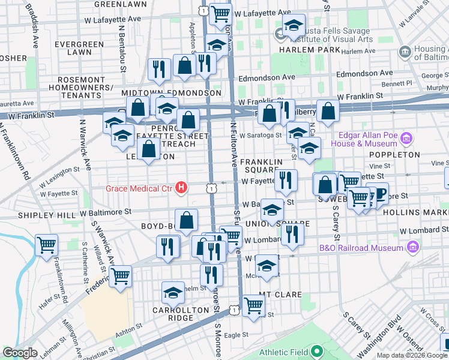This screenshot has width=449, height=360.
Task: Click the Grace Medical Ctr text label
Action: [x=139, y=188]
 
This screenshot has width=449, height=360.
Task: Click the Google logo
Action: [x=20, y=353]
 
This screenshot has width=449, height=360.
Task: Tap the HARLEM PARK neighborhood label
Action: [x=306, y=49]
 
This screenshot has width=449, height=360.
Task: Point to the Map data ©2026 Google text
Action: [x=412, y=355]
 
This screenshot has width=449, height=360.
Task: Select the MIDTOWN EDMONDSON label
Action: [x=171, y=94]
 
